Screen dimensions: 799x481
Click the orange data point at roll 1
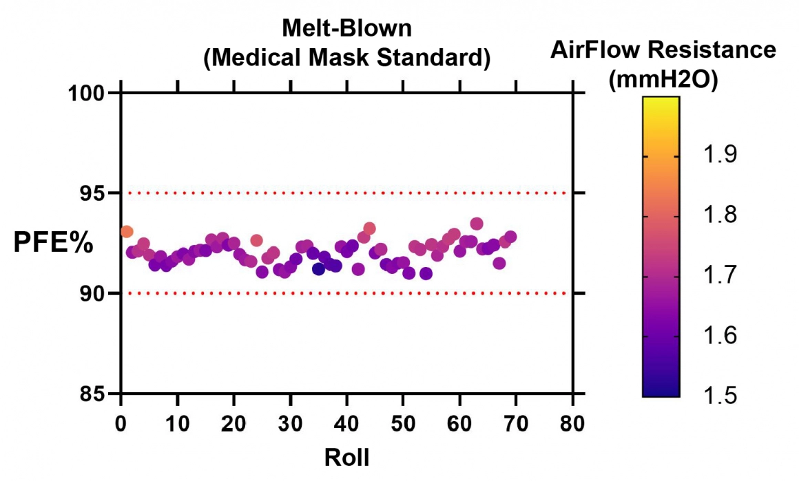(127, 232)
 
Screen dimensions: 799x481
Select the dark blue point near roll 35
(318, 269)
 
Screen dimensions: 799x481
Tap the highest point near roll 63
(477, 224)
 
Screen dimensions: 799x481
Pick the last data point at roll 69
(510, 237)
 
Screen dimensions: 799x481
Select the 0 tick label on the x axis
(121, 423)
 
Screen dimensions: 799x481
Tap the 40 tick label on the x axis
(347, 423)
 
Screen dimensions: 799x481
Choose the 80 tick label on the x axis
(573, 423)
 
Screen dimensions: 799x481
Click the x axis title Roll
(347, 457)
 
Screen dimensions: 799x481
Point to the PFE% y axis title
(54, 242)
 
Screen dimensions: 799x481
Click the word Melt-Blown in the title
(347, 28)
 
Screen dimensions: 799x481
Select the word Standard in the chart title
(434, 58)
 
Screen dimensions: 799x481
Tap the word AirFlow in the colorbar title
(594, 50)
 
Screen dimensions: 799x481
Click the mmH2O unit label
(663, 79)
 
